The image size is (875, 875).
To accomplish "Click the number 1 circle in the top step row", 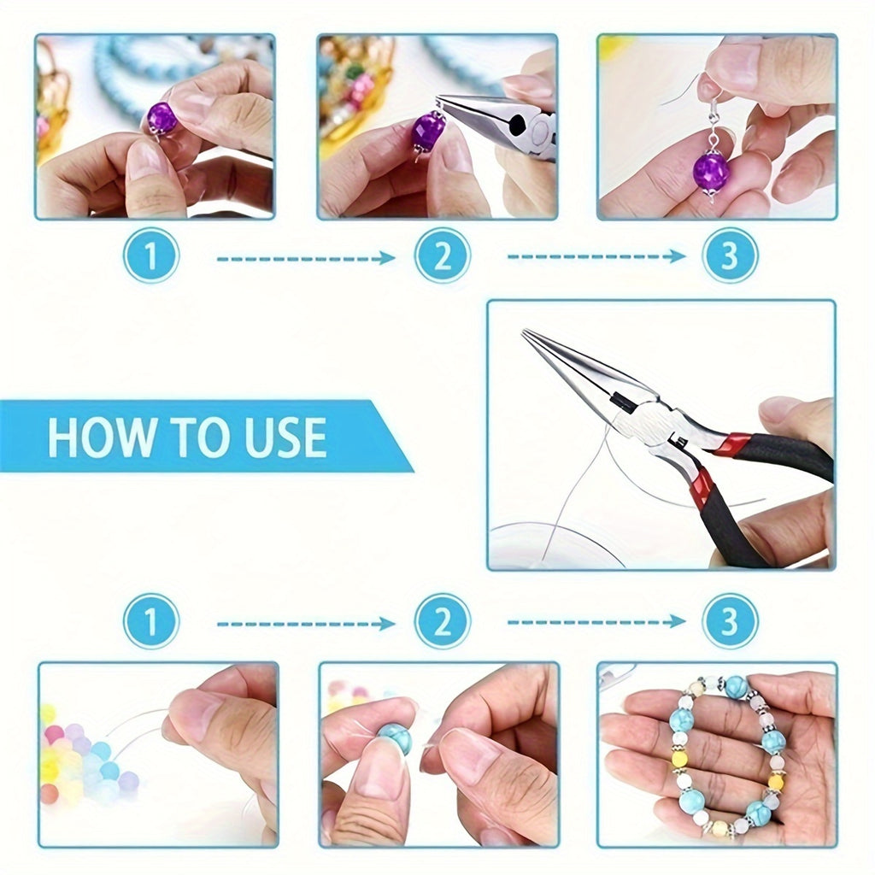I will click(x=151, y=255).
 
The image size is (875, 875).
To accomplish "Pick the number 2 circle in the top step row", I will click(x=442, y=255).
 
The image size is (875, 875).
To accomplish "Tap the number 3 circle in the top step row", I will click(x=729, y=255).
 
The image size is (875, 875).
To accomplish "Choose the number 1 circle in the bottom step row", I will click(x=151, y=621).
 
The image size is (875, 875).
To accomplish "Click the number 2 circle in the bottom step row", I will click(x=442, y=621).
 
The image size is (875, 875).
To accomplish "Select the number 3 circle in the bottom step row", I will click(x=729, y=621).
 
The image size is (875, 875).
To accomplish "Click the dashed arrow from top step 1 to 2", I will click(x=305, y=257).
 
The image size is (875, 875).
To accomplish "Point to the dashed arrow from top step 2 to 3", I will click(x=596, y=256).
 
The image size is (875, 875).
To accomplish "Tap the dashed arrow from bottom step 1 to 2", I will click(x=305, y=624).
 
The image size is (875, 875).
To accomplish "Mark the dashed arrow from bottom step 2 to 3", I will click(x=596, y=621).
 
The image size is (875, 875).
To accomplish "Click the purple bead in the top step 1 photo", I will click(x=161, y=118).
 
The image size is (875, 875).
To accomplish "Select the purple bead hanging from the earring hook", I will click(x=710, y=171).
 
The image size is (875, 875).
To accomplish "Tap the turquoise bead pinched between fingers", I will click(x=394, y=737).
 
